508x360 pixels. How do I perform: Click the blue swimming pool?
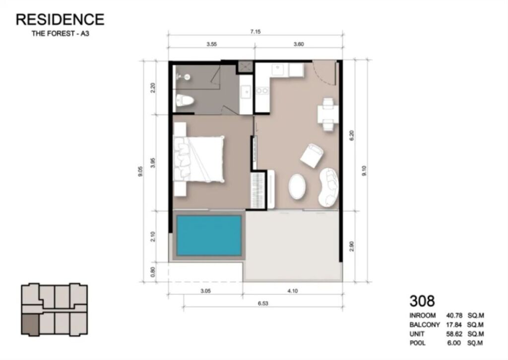209,235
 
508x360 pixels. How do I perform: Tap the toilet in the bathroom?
185,101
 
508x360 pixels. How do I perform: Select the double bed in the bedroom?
199,159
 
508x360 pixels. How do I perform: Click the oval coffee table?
297,186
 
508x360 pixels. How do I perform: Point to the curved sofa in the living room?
328,188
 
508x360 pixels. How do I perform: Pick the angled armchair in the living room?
312,156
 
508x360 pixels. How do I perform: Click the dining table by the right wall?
328,115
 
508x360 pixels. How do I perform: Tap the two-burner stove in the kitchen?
262,91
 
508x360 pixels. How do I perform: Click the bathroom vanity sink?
246,92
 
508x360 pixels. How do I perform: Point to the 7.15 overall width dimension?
255,32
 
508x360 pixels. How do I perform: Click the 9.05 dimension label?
140,171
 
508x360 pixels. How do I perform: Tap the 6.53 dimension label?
263,303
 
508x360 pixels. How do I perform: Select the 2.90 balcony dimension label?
352,246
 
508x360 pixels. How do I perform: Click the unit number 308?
422,301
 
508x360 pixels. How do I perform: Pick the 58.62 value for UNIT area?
454,334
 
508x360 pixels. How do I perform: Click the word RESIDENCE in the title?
60,19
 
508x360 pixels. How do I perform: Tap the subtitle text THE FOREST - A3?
60,33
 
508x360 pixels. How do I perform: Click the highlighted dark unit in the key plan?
30,324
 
